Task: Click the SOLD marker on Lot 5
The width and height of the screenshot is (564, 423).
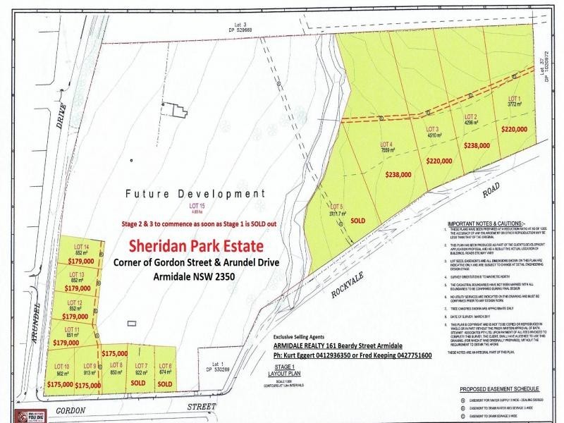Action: click(x=357, y=220)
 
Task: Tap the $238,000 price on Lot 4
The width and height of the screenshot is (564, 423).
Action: click(x=399, y=173)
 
